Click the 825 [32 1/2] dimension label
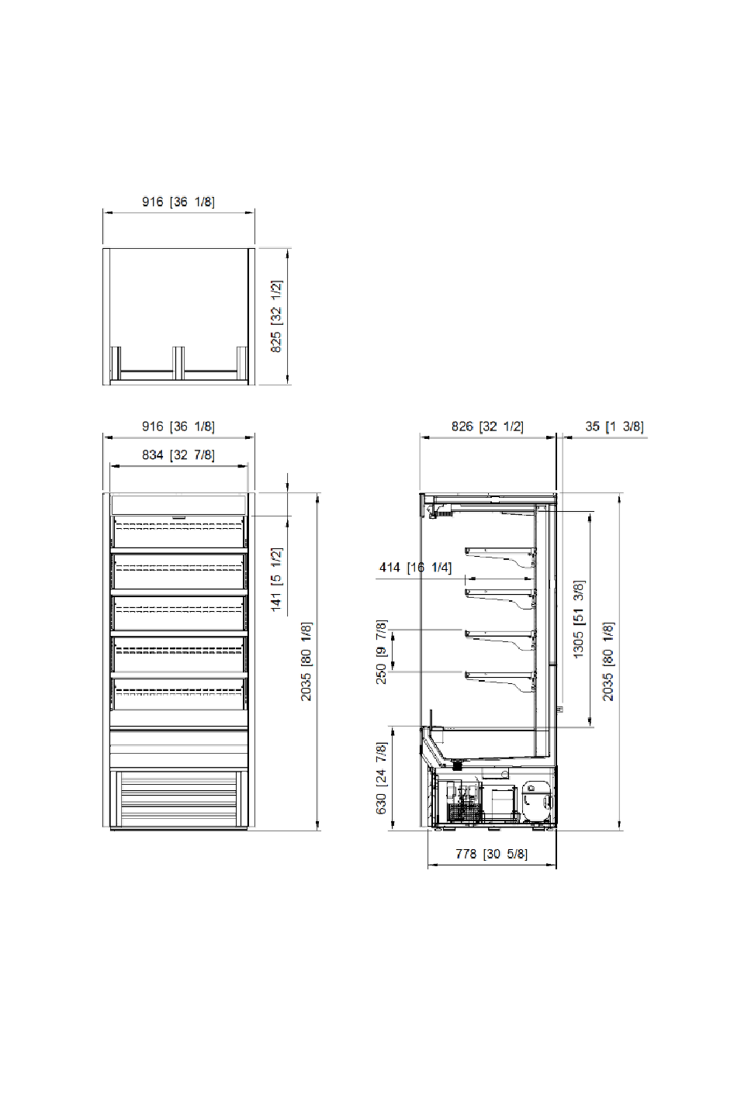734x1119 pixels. click(276, 316)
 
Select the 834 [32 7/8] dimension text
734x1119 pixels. click(178, 455)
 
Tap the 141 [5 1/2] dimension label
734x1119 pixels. click(276, 579)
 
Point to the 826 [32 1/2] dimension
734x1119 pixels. click(487, 427)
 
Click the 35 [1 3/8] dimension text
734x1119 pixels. click(615, 427)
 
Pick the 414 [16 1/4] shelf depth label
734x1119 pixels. click(415, 568)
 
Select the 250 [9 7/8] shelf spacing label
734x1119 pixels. click(381, 652)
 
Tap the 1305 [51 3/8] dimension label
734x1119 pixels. click(579, 620)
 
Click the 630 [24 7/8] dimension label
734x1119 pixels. click(381, 779)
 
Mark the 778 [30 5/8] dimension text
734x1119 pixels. click(491, 854)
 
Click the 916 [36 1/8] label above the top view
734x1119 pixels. click(178, 202)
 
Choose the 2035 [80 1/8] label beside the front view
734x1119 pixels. click(306, 661)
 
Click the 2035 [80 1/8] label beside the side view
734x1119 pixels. click(608, 661)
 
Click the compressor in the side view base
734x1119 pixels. click(538, 801)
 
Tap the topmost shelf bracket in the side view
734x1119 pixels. click(500, 556)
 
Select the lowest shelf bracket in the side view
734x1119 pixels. click(500, 682)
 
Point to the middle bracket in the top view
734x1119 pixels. click(178, 362)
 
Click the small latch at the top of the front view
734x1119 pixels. click(178, 516)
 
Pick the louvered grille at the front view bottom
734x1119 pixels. click(178, 800)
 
